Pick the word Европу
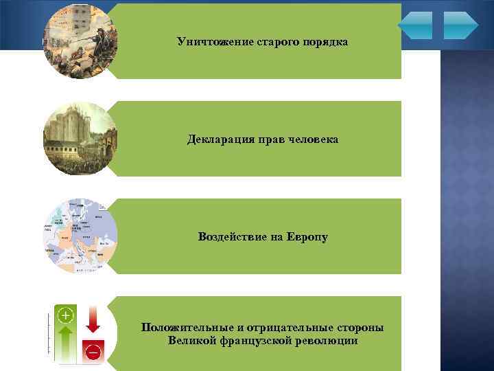[307, 237]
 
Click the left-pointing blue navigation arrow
[415, 25]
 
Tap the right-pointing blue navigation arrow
[460, 25]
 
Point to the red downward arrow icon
[93, 319]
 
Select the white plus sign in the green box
[65, 315]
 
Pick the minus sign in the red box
[93, 352]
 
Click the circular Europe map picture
[80, 236]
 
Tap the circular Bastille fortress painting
[80, 139]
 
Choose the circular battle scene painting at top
[80, 41]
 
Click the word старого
[270, 42]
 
